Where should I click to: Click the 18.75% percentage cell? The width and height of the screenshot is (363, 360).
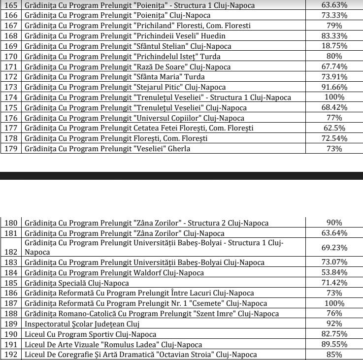(x=334, y=46)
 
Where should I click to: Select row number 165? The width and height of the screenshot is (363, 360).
(x=11, y=5)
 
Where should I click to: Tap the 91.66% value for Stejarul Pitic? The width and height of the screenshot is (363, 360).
(x=334, y=87)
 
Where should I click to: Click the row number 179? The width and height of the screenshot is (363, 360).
(x=11, y=149)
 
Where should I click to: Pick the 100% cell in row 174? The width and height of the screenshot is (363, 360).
(x=334, y=97)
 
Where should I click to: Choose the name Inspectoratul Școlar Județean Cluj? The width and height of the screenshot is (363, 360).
(x=82, y=324)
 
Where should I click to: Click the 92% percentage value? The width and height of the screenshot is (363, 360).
(x=334, y=324)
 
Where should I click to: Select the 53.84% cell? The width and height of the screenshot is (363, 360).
(x=334, y=272)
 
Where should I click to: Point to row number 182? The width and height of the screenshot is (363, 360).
(x=11, y=251)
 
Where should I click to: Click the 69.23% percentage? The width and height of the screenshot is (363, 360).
(x=334, y=247)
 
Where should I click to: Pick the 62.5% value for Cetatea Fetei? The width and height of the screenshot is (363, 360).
(x=334, y=128)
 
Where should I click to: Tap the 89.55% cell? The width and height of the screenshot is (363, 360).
(x=334, y=344)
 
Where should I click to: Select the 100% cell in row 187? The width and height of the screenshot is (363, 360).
(x=334, y=303)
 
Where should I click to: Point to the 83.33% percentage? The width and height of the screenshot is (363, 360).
(x=334, y=36)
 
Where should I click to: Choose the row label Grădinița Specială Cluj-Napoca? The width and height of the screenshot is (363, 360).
(x=77, y=283)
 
